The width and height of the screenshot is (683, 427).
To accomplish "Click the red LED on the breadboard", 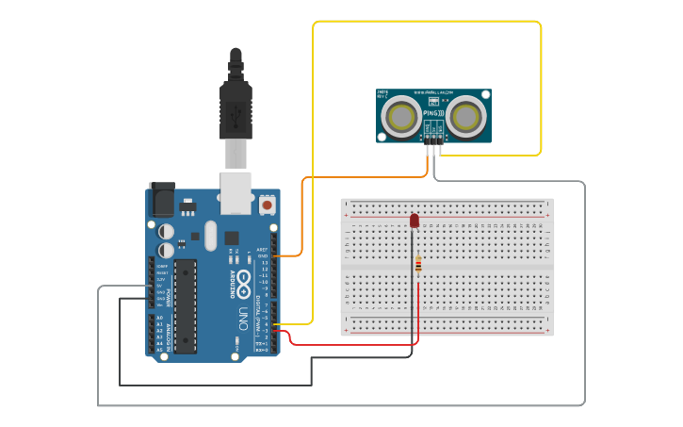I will [415, 221].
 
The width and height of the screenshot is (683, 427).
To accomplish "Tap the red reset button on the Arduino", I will [267, 204].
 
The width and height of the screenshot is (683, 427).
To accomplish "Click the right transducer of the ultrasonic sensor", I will [465, 116].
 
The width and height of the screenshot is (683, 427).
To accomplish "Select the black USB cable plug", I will [235, 104].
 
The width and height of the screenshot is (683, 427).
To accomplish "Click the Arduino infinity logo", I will [243, 280].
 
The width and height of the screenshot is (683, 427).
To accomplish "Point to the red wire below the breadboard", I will [349, 344].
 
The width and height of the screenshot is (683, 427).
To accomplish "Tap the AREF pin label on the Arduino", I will [262, 250].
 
